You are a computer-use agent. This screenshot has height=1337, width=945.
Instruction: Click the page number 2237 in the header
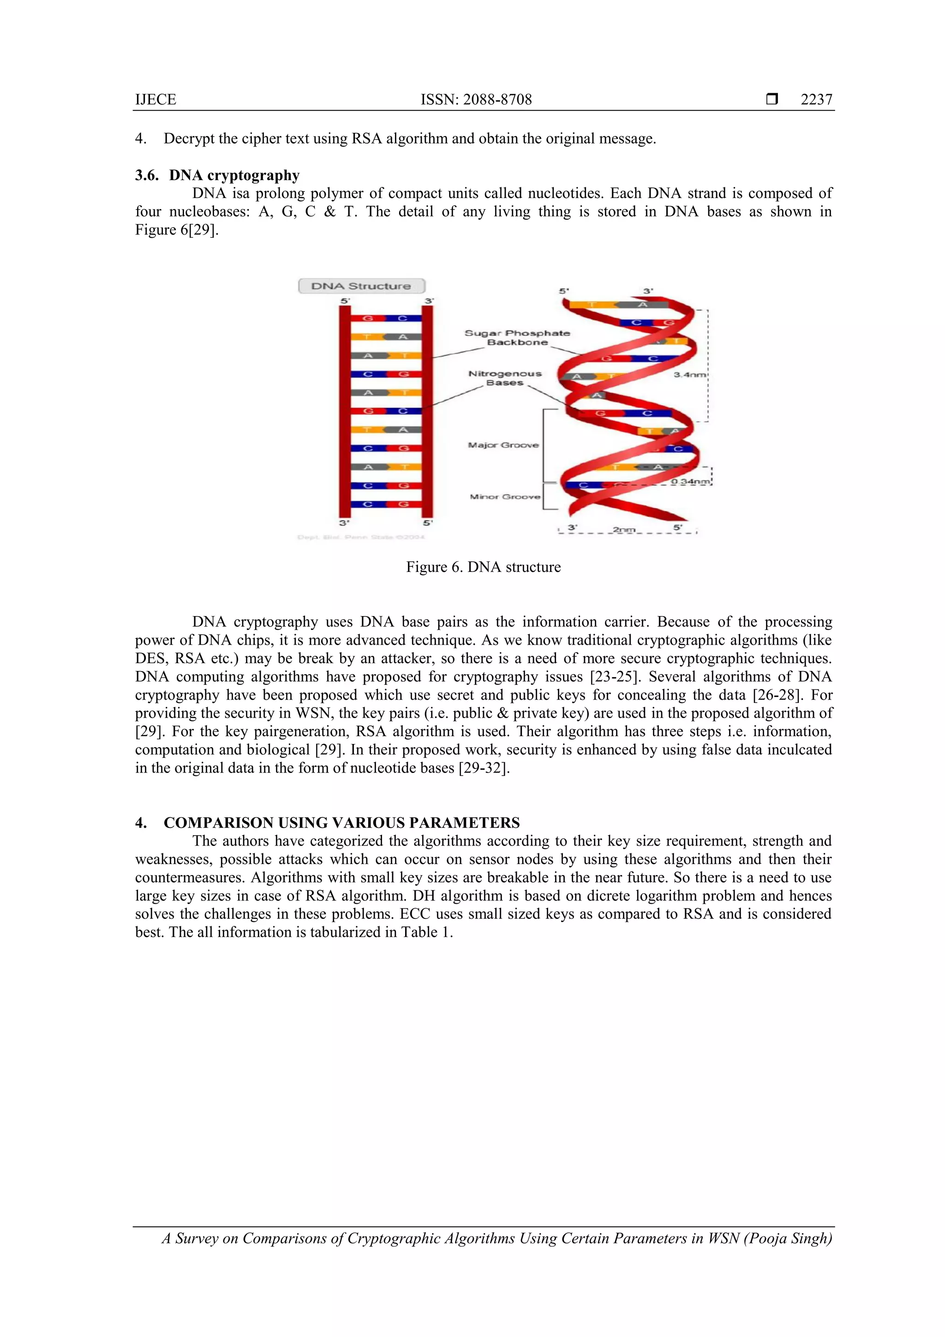tap(816, 100)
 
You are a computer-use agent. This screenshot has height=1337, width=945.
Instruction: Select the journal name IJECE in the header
tap(156, 100)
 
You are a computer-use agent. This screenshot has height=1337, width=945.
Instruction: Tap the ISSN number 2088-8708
tap(476, 100)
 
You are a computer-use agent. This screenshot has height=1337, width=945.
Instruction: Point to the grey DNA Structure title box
tap(361, 286)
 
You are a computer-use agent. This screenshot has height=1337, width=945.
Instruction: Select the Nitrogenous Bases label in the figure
tap(505, 378)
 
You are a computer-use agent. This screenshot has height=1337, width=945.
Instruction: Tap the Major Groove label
tap(503, 445)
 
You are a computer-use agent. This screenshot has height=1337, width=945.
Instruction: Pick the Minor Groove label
tap(504, 497)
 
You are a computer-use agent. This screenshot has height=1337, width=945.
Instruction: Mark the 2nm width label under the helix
tap(623, 529)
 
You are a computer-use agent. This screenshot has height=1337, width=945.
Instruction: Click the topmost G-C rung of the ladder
tap(385, 318)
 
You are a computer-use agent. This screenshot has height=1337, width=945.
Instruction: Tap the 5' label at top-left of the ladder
tap(345, 301)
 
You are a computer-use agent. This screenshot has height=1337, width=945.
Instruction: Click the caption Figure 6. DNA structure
tap(483, 567)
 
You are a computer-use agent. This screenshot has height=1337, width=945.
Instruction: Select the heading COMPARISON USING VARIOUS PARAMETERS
tap(341, 823)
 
